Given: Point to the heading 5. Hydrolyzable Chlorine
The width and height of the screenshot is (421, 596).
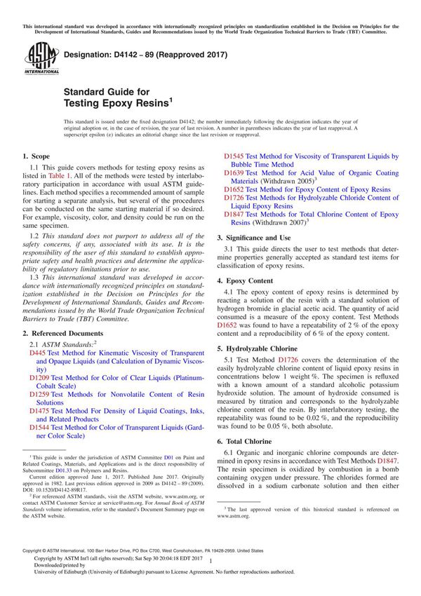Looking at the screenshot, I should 262,347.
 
